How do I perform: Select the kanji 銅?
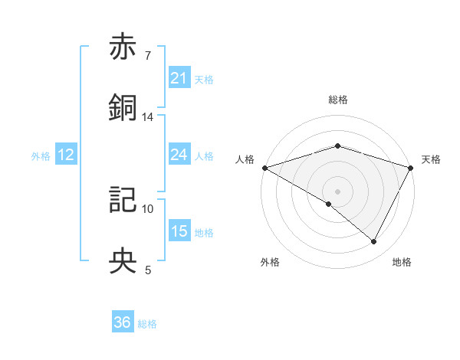(123, 108)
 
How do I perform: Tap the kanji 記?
(123, 200)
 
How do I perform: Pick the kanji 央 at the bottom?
(123, 261)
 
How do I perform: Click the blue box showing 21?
(179, 78)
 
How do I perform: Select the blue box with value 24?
(179, 155)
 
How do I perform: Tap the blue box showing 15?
(179, 231)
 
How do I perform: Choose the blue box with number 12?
(66, 155)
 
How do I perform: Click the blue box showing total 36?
(123, 323)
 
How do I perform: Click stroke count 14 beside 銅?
(148, 117)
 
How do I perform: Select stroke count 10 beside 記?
(148, 208)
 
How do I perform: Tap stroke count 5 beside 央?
(148, 270)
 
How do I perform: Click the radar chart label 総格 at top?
(337, 100)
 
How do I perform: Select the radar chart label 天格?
(431, 159)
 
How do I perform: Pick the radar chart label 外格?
(270, 263)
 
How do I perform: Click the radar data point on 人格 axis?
(264, 168)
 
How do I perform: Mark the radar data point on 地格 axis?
(374, 242)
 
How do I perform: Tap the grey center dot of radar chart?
(337, 191)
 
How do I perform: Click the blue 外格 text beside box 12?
(41, 155)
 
